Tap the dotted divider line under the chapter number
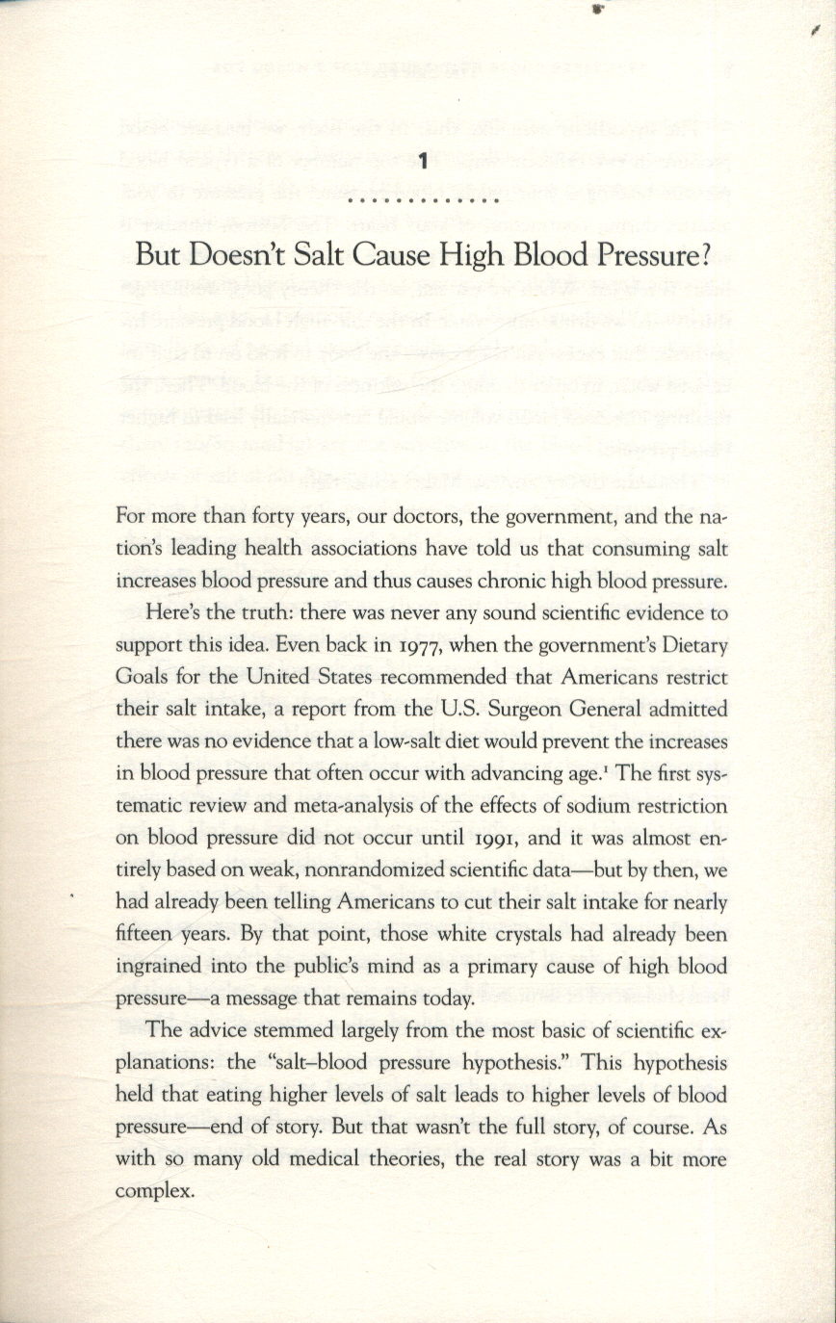[422, 200]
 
